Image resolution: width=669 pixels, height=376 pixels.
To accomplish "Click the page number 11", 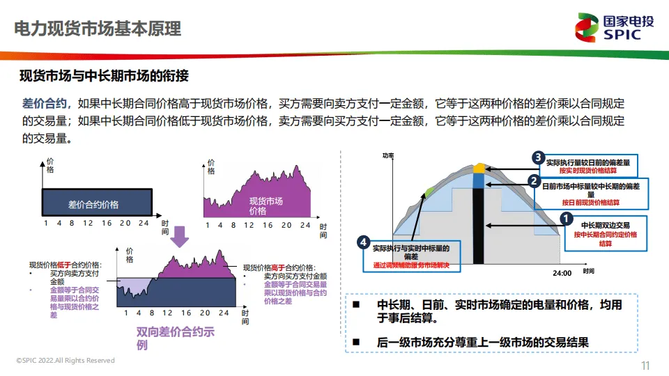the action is (645, 366).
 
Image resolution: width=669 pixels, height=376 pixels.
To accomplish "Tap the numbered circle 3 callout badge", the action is (538, 157).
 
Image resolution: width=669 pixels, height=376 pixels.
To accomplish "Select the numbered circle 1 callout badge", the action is (566, 218).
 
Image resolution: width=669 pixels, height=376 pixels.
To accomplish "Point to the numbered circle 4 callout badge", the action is (363, 242).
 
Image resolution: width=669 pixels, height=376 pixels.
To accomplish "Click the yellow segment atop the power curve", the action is (479, 168).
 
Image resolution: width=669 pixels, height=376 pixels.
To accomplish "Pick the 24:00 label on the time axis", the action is (562, 273).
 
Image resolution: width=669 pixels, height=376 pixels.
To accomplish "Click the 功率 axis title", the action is (388, 155).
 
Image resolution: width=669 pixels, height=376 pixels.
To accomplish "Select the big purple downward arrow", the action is (180, 236).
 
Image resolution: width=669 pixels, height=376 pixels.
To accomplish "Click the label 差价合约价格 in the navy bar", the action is (93, 205).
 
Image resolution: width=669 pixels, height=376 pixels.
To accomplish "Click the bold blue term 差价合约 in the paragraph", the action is (44, 104).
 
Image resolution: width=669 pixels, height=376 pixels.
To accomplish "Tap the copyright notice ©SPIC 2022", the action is (66, 361).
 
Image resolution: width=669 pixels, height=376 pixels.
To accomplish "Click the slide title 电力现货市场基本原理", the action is (98, 29).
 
